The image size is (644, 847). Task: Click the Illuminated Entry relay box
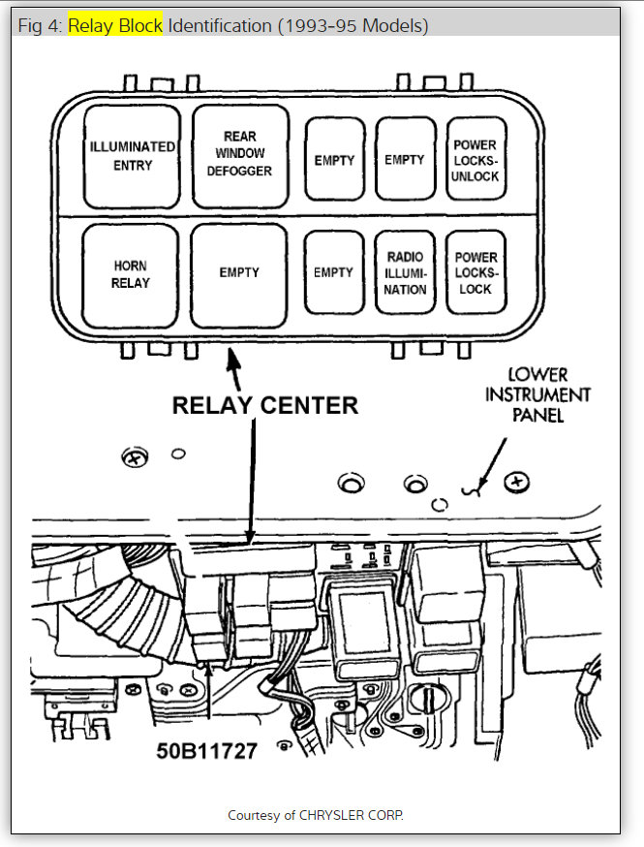tap(133, 156)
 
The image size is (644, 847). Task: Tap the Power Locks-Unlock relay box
tap(475, 160)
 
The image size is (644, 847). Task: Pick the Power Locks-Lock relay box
tap(475, 272)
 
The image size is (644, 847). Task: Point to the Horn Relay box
tap(132, 274)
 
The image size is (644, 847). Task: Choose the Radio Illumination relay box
tap(405, 272)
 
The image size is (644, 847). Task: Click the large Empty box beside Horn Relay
tap(239, 274)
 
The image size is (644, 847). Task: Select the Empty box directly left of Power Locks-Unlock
tap(405, 159)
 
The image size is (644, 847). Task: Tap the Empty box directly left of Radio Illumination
tap(333, 273)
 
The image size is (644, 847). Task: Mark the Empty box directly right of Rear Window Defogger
tap(334, 160)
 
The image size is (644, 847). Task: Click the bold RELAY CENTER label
tap(264, 405)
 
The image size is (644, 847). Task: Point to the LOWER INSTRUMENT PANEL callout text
tap(538, 394)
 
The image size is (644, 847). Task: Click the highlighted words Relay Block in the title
tap(115, 25)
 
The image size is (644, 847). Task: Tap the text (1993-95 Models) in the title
tap(353, 25)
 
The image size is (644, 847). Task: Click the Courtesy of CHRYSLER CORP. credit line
tap(316, 815)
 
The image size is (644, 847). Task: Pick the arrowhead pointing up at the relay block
tap(232, 360)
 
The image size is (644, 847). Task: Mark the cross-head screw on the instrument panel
tap(519, 481)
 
